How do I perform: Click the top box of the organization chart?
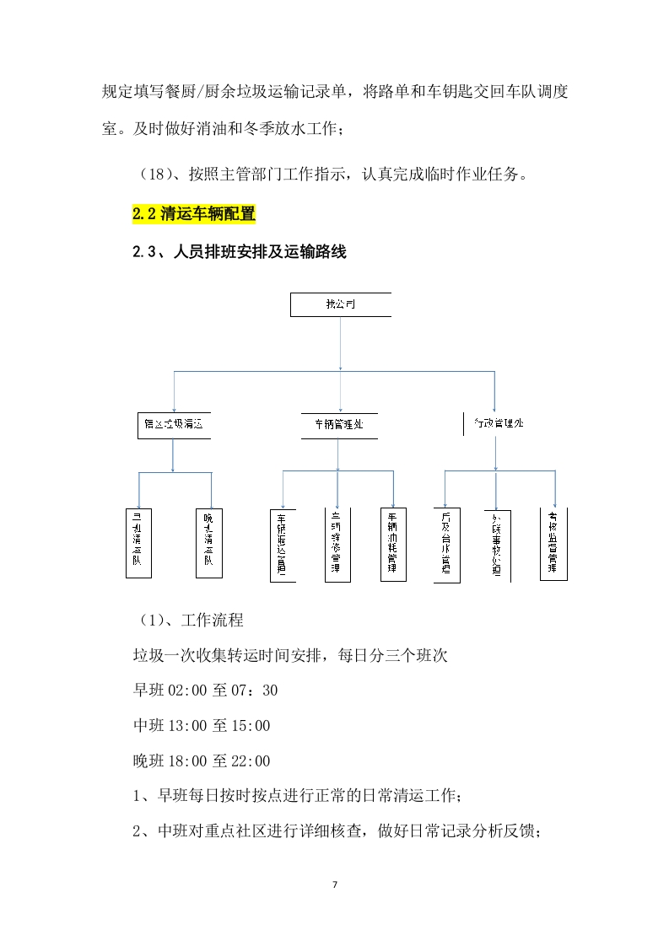340,304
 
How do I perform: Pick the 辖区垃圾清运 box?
172,425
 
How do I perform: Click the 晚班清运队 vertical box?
208,542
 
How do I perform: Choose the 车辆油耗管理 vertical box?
392,544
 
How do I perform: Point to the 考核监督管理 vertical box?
553,544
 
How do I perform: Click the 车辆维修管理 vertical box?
337,544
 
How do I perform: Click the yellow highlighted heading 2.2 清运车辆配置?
194,214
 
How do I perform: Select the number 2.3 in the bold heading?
144,251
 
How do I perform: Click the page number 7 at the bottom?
335,884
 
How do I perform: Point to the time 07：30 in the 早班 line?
256,691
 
